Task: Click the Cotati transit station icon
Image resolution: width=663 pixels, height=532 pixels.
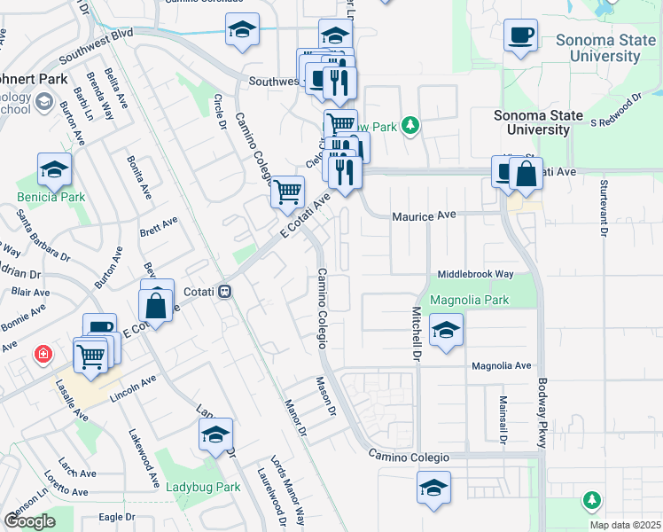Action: [226, 290]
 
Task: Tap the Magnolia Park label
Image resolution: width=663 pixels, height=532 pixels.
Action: [469, 300]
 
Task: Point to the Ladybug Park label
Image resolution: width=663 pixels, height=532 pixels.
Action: [203, 487]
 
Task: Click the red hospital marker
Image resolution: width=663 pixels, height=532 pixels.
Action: [42, 356]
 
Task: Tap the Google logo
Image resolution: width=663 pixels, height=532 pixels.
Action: [30, 520]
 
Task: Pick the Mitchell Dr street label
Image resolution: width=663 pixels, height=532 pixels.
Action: [414, 333]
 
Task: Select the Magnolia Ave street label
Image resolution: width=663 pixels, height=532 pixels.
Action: [501, 365]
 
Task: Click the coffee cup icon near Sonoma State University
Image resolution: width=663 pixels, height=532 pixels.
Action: [520, 35]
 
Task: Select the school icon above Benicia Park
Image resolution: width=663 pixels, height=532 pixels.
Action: [54, 169]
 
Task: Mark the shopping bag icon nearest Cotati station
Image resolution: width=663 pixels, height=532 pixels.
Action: [157, 306]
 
